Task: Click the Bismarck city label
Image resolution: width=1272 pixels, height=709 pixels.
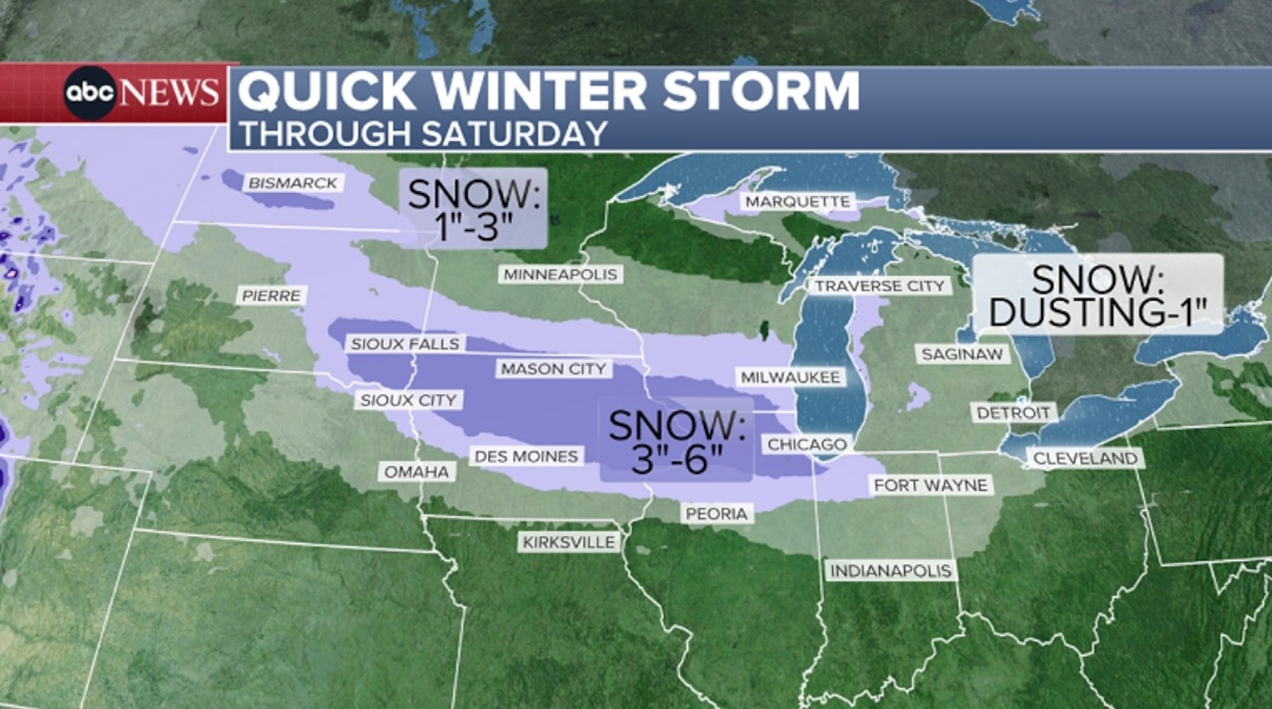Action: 293,183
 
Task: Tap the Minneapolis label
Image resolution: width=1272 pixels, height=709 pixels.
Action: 561,275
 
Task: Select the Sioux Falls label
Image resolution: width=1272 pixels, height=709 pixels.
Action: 405,344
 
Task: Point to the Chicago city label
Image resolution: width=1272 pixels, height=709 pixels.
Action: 807,444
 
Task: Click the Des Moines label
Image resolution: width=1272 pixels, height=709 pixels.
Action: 526,456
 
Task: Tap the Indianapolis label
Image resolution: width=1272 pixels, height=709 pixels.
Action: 891,571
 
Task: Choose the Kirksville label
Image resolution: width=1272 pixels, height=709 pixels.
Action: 569,543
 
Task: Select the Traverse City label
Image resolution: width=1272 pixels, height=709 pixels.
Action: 879,286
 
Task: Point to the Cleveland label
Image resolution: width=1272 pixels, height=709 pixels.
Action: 1085,459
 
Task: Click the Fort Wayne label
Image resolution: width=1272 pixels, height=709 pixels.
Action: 931,485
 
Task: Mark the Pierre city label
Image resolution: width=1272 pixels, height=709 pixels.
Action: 272,296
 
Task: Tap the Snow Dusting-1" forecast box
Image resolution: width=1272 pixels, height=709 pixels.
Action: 1098,295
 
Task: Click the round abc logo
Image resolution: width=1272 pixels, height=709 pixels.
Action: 90,93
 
